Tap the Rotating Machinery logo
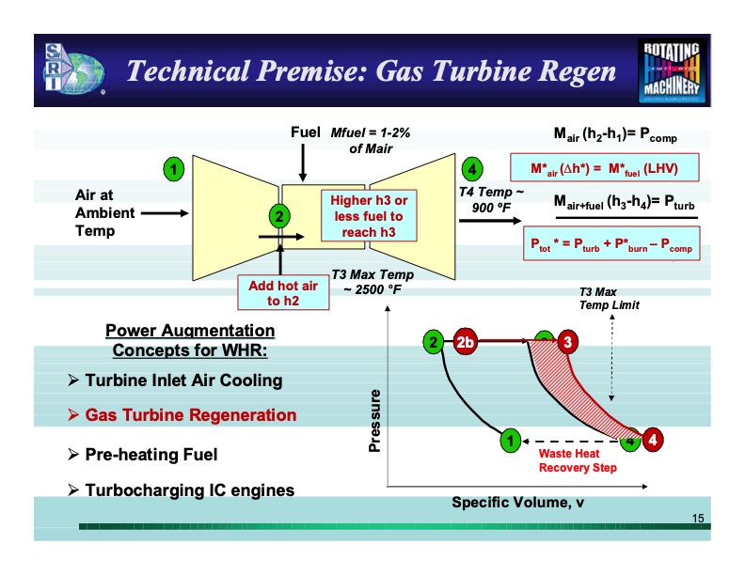coord(672,70)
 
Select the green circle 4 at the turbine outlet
coord(472,169)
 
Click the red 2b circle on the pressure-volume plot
coord(466,342)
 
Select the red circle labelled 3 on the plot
coord(566,342)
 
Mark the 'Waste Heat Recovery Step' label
coord(577,460)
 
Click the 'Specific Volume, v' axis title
coord(518,502)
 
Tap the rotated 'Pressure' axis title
coord(375,419)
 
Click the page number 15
coord(698,519)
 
